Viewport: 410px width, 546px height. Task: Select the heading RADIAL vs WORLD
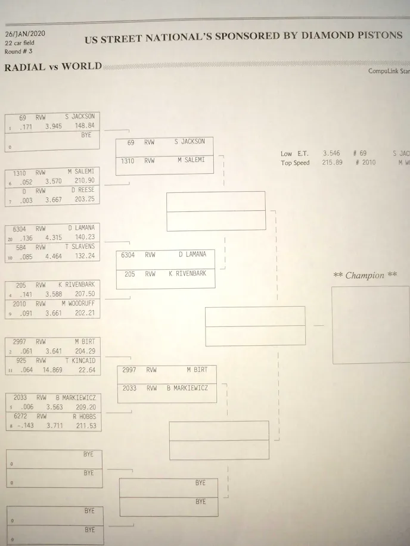click(x=53, y=66)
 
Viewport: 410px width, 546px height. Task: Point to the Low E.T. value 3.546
click(x=331, y=153)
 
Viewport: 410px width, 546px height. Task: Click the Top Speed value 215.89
click(x=332, y=162)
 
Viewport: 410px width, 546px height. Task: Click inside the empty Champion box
click(x=370, y=325)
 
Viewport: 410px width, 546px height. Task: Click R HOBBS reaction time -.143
click(x=22, y=426)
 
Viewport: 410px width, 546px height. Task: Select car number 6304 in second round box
click(x=128, y=254)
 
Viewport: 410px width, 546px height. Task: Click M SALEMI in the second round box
click(x=191, y=161)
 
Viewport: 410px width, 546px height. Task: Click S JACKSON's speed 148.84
click(x=84, y=126)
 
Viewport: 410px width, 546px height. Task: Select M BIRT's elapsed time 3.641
click(x=53, y=351)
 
